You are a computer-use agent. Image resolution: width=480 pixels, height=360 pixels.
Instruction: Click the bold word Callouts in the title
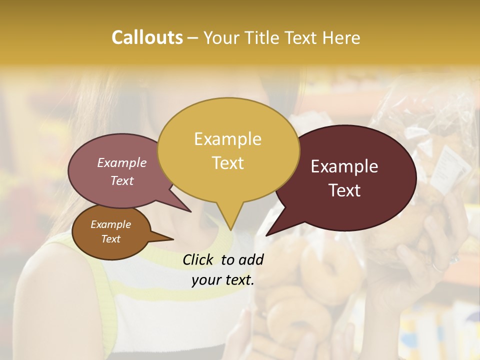(x=147, y=37)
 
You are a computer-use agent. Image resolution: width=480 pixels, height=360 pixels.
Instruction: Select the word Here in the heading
(x=341, y=37)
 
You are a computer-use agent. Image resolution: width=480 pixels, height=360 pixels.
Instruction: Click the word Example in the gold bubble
(x=227, y=139)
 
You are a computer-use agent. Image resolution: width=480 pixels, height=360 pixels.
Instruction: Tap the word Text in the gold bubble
(x=228, y=163)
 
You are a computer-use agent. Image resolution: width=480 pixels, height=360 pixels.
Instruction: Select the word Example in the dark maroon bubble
(x=344, y=166)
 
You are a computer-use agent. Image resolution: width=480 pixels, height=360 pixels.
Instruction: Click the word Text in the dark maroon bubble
(x=345, y=190)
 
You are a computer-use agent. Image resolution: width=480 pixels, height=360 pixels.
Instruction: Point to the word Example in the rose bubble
(x=121, y=162)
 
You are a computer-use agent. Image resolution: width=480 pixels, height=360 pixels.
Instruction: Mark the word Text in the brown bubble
(x=110, y=239)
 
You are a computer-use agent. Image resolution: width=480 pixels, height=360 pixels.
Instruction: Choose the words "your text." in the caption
(x=222, y=280)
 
